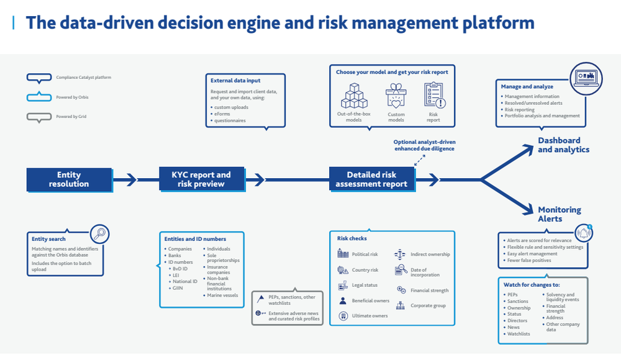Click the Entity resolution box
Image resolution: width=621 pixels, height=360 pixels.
tap(69, 179)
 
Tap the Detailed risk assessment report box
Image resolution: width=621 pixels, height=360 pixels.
tap(371, 179)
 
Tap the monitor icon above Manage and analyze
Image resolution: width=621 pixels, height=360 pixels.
tap(586, 78)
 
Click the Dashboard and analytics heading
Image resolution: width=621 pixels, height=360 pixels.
tap(563, 145)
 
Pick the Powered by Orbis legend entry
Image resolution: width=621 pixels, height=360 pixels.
tap(71, 97)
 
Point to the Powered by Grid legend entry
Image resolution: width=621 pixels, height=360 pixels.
tap(70, 116)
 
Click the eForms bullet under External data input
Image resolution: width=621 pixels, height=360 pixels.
tap(222, 114)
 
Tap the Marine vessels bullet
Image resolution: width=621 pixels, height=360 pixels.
tap(222, 295)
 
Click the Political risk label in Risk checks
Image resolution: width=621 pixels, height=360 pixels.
tap(365, 254)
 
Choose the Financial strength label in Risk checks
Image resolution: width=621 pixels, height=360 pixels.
tap(429, 290)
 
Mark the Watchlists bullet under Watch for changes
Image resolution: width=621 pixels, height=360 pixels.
tap(519, 334)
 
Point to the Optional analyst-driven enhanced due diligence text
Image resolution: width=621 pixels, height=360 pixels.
tap(424, 145)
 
